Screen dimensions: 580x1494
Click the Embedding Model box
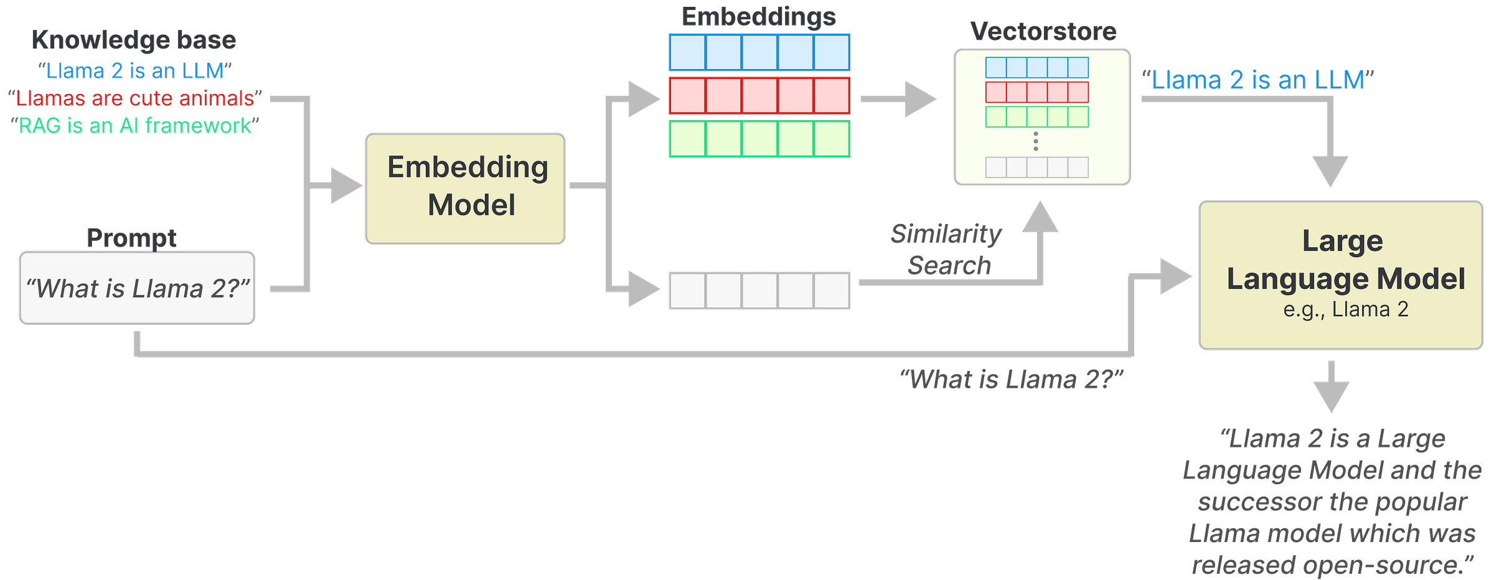point(465,188)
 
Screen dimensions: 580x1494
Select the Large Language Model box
point(1340,274)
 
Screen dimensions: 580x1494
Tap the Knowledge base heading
point(133,40)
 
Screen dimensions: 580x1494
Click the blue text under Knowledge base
point(134,71)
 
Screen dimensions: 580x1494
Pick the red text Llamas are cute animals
point(134,98)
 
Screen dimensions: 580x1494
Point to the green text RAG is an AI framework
point(134,126)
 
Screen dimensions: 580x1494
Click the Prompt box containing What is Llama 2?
point(137,288)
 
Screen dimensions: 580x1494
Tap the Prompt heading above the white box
point(131,238)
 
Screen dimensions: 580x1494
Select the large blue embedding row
point(759,52)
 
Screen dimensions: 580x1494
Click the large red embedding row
point(759,96)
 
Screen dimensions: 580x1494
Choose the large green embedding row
point(759,139)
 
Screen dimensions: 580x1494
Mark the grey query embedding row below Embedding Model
point(759,290)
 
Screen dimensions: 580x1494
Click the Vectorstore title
point(1043,32)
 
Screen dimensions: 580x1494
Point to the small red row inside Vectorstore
point(1036,92)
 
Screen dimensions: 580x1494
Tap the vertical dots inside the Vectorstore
point(1036,141)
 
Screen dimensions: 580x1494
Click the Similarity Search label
point(946,250)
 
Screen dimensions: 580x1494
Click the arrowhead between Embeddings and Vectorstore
point(919,99)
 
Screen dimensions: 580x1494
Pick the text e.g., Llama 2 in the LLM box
point(1345,309)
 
